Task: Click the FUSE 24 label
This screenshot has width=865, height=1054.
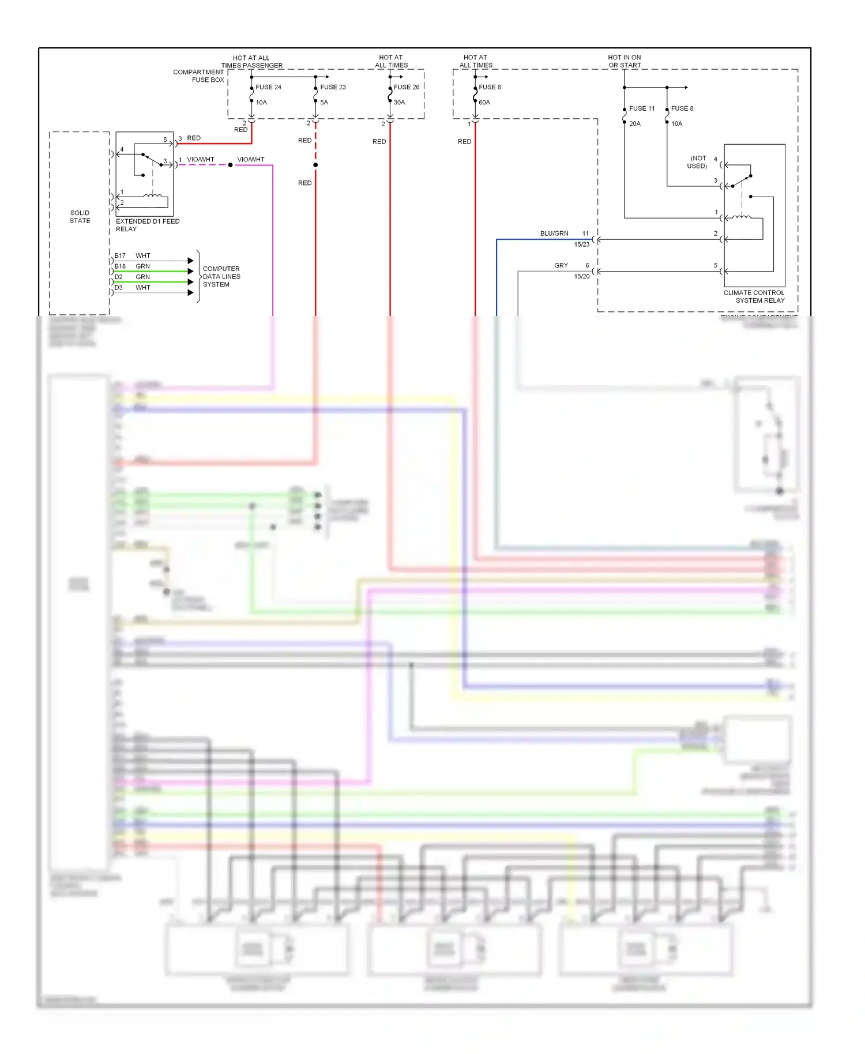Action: point(268,87)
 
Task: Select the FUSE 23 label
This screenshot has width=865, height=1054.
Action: point(333,87)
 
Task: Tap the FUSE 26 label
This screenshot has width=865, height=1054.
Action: point(407,87)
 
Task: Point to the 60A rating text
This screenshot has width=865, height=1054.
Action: point(484,103)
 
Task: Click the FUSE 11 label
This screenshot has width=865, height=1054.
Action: point(642,108)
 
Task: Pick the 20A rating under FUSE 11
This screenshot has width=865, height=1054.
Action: point(635,124)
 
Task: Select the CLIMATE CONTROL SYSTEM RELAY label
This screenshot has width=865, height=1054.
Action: point(754,296)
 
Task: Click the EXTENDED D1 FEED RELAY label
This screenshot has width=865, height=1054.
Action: point(148,225)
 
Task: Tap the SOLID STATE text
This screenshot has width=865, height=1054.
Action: point(80,217)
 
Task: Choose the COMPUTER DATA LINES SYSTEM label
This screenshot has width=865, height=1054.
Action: point(221,277)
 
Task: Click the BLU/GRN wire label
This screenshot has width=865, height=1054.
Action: point(554,234)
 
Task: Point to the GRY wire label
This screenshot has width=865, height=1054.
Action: point(561,265)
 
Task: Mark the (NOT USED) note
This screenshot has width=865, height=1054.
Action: point(698,162)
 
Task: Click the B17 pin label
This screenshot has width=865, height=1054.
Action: point(120,255)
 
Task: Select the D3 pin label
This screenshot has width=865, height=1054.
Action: point(119,287)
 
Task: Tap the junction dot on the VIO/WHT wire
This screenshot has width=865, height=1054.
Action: point(230,165)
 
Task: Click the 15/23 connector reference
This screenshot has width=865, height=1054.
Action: point(582,244)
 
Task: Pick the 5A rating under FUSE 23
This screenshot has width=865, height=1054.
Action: point(324,103)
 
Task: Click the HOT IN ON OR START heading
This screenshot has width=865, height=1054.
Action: point(625,61)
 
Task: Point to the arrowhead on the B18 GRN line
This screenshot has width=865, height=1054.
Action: point(191,272)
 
